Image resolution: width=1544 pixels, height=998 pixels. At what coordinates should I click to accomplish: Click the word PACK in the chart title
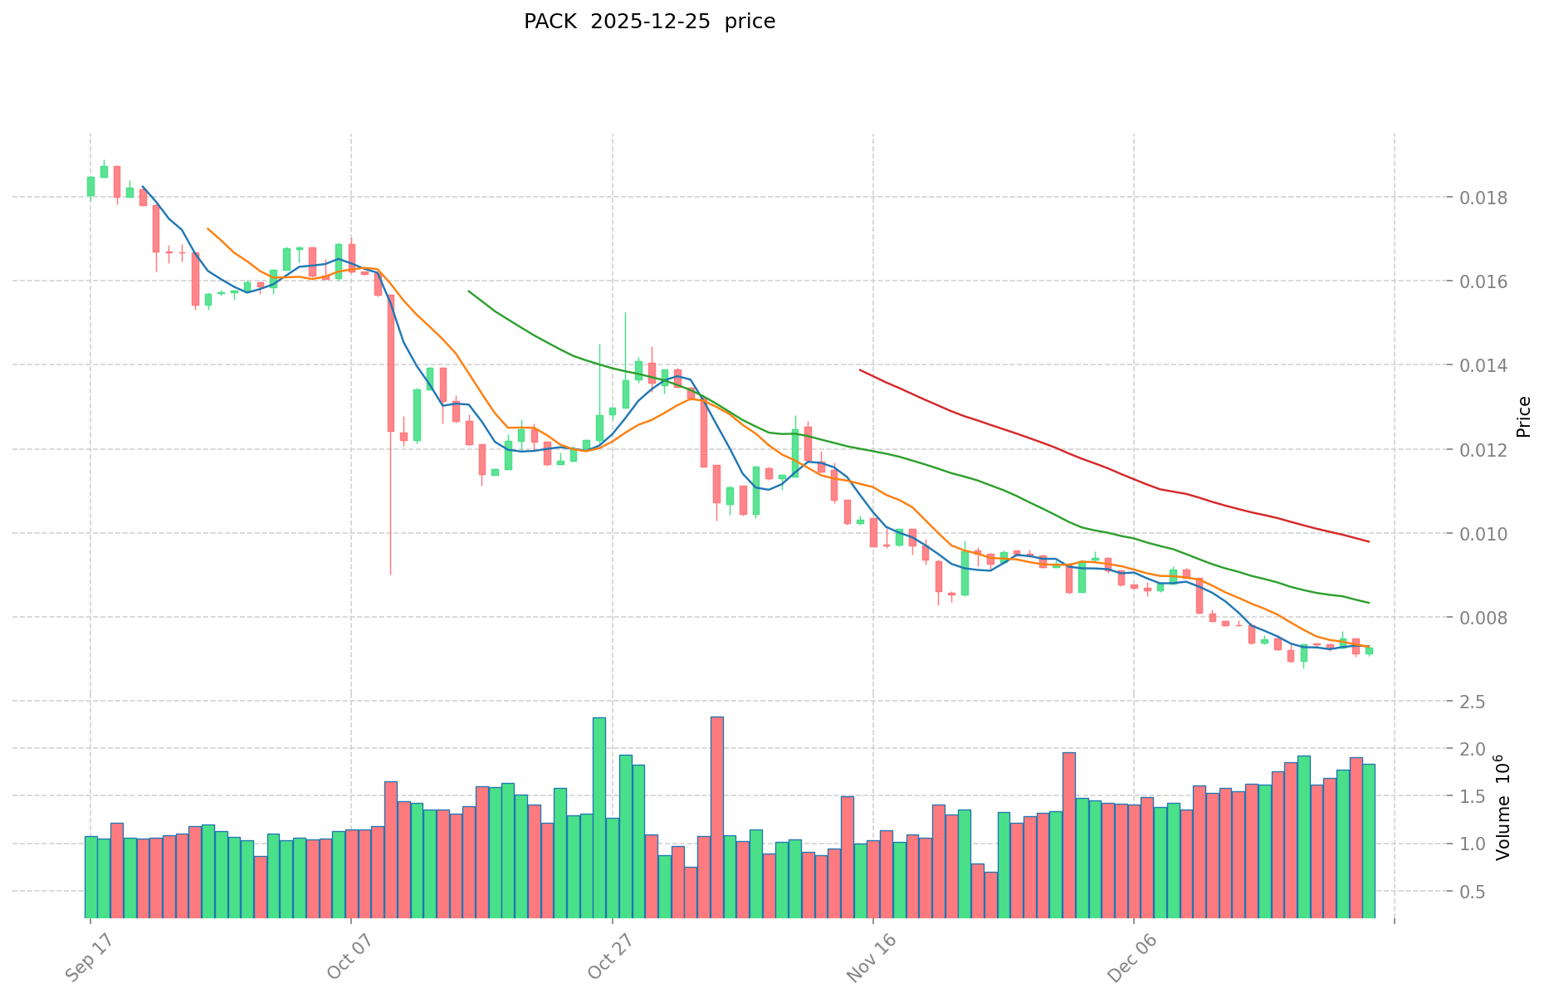[x=550, y=22]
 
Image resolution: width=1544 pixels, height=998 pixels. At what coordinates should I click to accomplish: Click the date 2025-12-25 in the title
[x=650, y=22]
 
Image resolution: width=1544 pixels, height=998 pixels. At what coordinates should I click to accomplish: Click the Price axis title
[x=1523, y=417]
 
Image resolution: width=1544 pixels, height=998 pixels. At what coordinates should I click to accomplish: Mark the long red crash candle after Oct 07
[x=391, y=363]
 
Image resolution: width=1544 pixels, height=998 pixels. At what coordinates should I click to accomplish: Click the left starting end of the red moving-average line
[x=860, y=370]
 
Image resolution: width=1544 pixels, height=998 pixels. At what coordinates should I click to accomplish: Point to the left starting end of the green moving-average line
[x=469, y=291]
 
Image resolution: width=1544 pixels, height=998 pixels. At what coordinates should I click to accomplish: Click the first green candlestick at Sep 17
[x=90, y=186]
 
